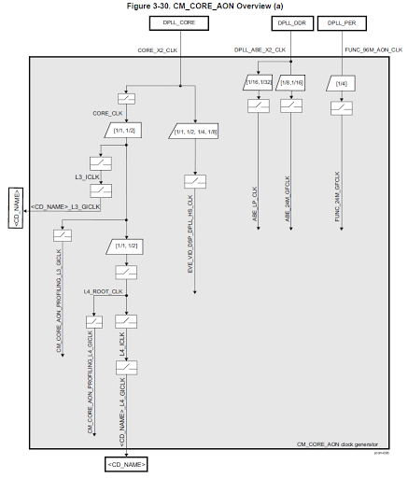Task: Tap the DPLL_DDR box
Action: click(291, 21)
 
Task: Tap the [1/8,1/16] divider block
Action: click(293, 85)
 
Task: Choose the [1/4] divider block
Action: click(342, 85)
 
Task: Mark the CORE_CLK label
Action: click(108, 113)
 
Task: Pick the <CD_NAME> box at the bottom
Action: click(126, 462)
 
